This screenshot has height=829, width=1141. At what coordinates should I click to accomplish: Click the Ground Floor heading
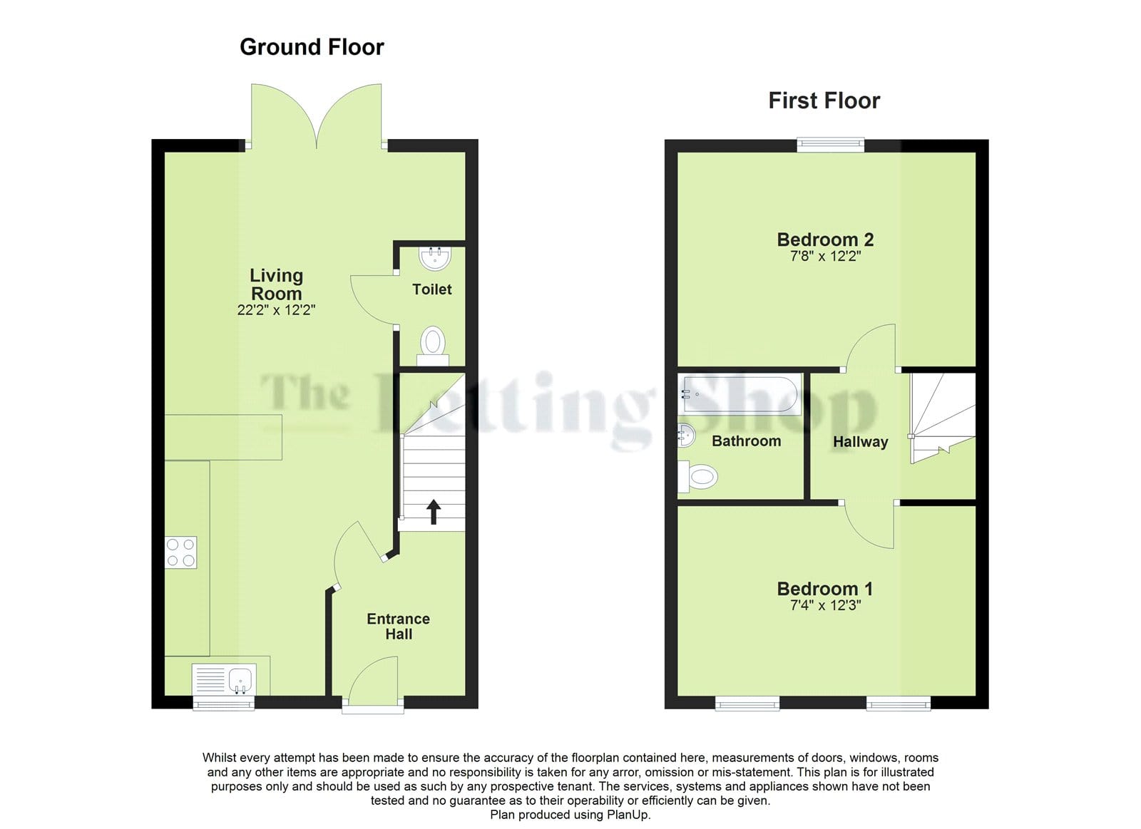pyautogui.click(x=312, y=47)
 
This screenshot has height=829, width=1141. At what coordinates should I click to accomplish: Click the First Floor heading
pyautogui.click(x=824, y=101)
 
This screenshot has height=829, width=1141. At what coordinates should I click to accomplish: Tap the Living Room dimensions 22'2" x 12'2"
pyautogui.click(x=276, y=310)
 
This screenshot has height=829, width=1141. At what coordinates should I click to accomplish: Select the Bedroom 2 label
pyautogui.click(x=825, y=240)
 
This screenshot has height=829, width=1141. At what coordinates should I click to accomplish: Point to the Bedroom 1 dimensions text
pyautogui.click(x=825, y=605)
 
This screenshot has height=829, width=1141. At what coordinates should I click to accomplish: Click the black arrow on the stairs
pyautogui.click(x=434, y=512)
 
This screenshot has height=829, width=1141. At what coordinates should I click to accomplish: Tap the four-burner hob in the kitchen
pyautogui.click(x=181, y=552)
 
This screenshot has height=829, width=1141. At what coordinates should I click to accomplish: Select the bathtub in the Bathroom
pyautogui.click(x=740, y=394)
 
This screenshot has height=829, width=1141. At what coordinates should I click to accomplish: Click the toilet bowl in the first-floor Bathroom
pyautogui.click(x=698, y=477)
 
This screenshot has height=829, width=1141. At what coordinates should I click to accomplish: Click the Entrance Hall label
pyautogui.click(x=399, y=627)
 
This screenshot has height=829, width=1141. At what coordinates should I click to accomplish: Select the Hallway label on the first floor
pyautogui.click(x=860, y=442)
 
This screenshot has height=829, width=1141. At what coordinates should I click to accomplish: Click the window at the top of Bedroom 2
pyautogui.click(x=831, y=145)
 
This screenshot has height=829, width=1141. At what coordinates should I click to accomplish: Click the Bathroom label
pyautogui.click(x=746, y=441)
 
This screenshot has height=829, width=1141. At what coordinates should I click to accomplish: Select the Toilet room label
pyautogui.click(x=432, y=289)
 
